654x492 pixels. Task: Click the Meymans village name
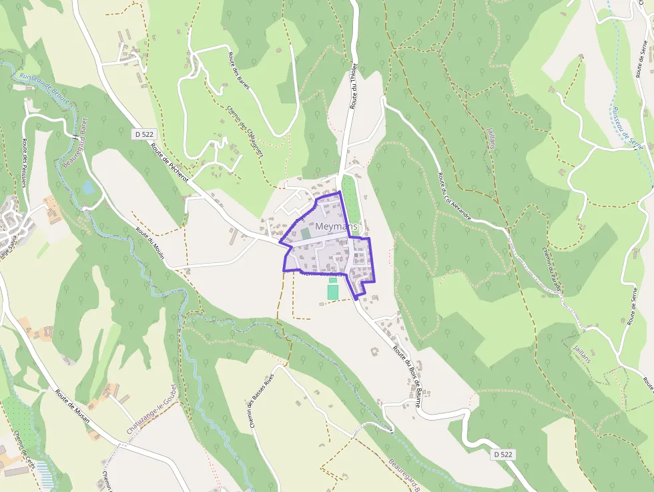336,227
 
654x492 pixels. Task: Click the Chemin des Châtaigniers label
245,132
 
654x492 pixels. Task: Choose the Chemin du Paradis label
551,270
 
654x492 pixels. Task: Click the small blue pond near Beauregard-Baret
88,187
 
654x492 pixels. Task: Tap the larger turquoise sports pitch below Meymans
333,292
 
